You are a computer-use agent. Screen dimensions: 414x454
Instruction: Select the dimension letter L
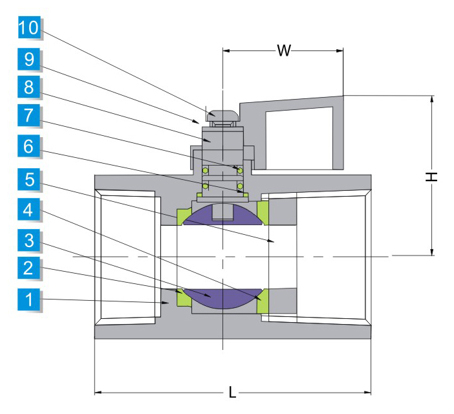coord(233,393)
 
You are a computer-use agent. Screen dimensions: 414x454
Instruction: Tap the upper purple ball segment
coord(223,214)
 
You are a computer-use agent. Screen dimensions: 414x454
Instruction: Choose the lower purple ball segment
coord(223,298)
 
